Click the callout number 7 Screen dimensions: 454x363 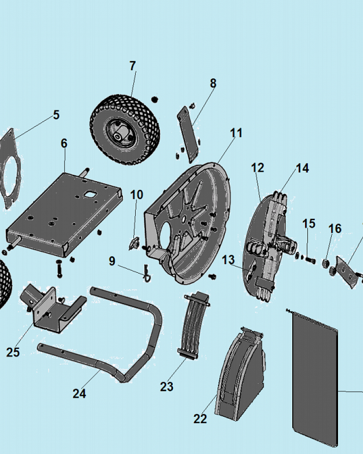point(132,66)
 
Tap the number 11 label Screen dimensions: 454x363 point(236,133)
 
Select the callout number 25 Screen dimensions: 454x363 point(13,352)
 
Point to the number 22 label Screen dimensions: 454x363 point(200,419)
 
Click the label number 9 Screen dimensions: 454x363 point(112,261)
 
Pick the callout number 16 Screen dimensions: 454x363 point(335,228)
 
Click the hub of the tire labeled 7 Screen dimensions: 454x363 point(119,135)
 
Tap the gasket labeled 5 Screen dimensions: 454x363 point(10,168)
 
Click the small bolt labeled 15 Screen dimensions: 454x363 point(310,260)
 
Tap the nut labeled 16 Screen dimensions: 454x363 point(326,263)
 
